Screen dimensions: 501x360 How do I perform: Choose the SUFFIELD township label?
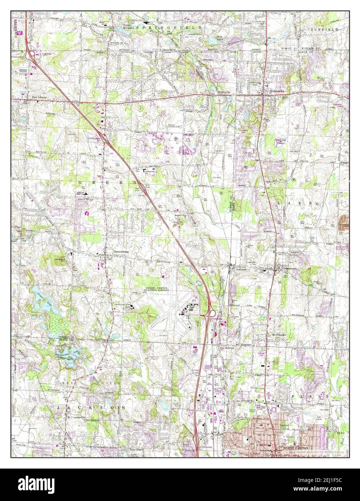pos(325,28)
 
